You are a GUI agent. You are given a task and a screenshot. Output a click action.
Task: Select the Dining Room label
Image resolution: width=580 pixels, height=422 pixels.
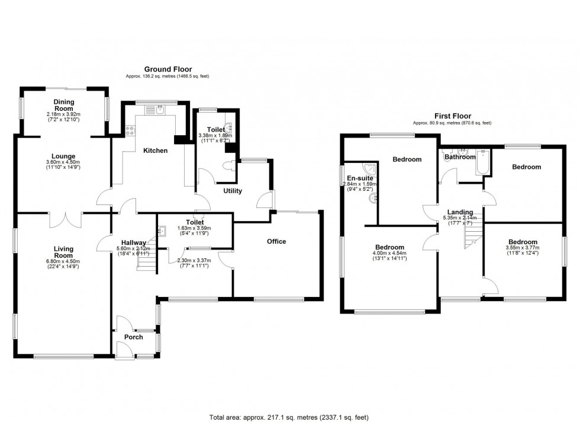(x=63, y=105)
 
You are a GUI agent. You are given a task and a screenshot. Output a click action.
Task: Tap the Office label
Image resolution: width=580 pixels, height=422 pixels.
(x=276, y=241)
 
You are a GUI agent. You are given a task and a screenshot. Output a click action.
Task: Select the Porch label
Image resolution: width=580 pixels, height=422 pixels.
(x=134, y=337)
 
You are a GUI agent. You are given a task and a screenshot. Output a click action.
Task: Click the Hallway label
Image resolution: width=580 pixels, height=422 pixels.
(x=134, y=242)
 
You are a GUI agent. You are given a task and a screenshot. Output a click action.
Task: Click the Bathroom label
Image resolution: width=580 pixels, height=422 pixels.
(x=460, y=157)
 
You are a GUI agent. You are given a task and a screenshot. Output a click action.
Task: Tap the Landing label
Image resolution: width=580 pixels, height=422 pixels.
(x=460, y=212)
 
